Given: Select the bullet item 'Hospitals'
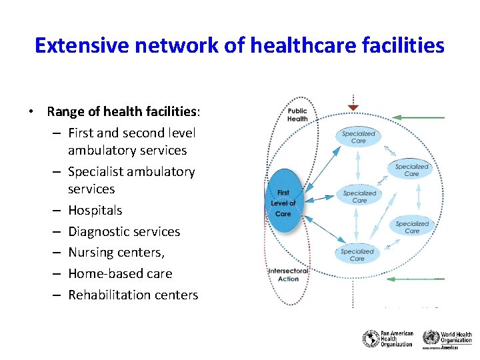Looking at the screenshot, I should coord(95,210).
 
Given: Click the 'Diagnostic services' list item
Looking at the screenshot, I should coord(124,231).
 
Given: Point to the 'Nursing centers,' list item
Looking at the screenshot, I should coord(116,252).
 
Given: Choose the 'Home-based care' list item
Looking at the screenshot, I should coord(120,273).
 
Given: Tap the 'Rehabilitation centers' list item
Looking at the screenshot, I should coord(133,295).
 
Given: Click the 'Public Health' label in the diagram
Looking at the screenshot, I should coord(297,115).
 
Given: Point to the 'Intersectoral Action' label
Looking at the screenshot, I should coord(288,275).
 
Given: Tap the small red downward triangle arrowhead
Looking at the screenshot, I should coord(353,107).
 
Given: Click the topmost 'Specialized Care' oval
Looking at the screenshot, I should coord(359,137).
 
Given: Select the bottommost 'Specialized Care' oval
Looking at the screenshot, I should coord(357,255).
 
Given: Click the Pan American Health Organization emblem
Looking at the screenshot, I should coord(370,339).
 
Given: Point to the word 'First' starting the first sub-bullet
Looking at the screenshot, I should coord(81,133).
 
